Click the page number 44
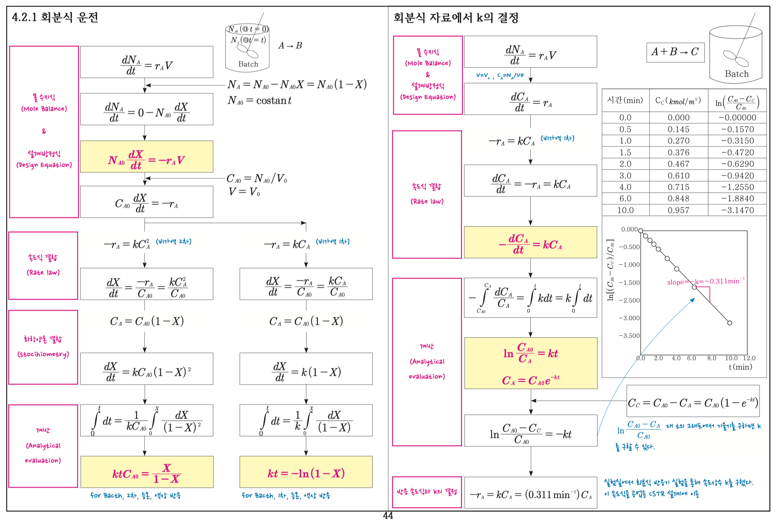[388, 516]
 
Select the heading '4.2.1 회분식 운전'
[55, 17]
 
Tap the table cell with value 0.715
[679, 187]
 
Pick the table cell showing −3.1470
[737, 210]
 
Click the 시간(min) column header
[625, 101]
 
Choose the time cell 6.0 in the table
[625, 199]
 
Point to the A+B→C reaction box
[675, 52]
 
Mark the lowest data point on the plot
[730, 323]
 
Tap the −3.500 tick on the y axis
[629, 336]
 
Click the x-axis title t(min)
[740, 367]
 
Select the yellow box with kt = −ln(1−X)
[306, 472]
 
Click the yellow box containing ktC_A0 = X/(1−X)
[147, 472]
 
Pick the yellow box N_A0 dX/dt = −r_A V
[147, 157]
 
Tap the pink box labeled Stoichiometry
[43, 347]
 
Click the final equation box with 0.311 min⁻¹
[531, 494]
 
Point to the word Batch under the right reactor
[737, 74]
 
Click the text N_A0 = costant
[259, 101]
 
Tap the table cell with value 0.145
[679, 129]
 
